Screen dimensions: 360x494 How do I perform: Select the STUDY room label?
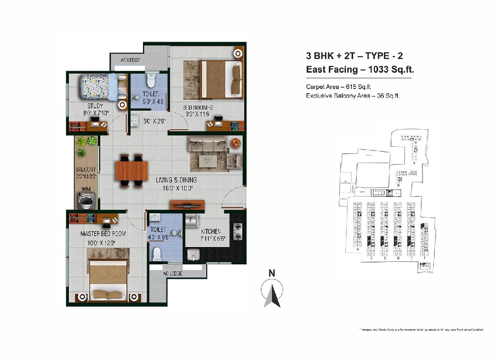pos(95,106)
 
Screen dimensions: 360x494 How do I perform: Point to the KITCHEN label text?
pos(211,232)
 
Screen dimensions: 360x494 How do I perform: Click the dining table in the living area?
pos(131,169)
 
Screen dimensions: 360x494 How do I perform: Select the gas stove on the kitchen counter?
pos(238,230)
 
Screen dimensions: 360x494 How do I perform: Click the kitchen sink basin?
pos(194,255)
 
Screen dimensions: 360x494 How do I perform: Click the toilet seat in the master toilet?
pos(157,253)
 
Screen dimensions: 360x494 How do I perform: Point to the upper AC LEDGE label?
pos(131,60)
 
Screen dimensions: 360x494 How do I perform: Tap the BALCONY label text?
pos(86,170)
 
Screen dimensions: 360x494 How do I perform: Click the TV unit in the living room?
pos(187,204)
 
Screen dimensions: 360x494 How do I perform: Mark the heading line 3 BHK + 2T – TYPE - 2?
pos(354,56)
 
